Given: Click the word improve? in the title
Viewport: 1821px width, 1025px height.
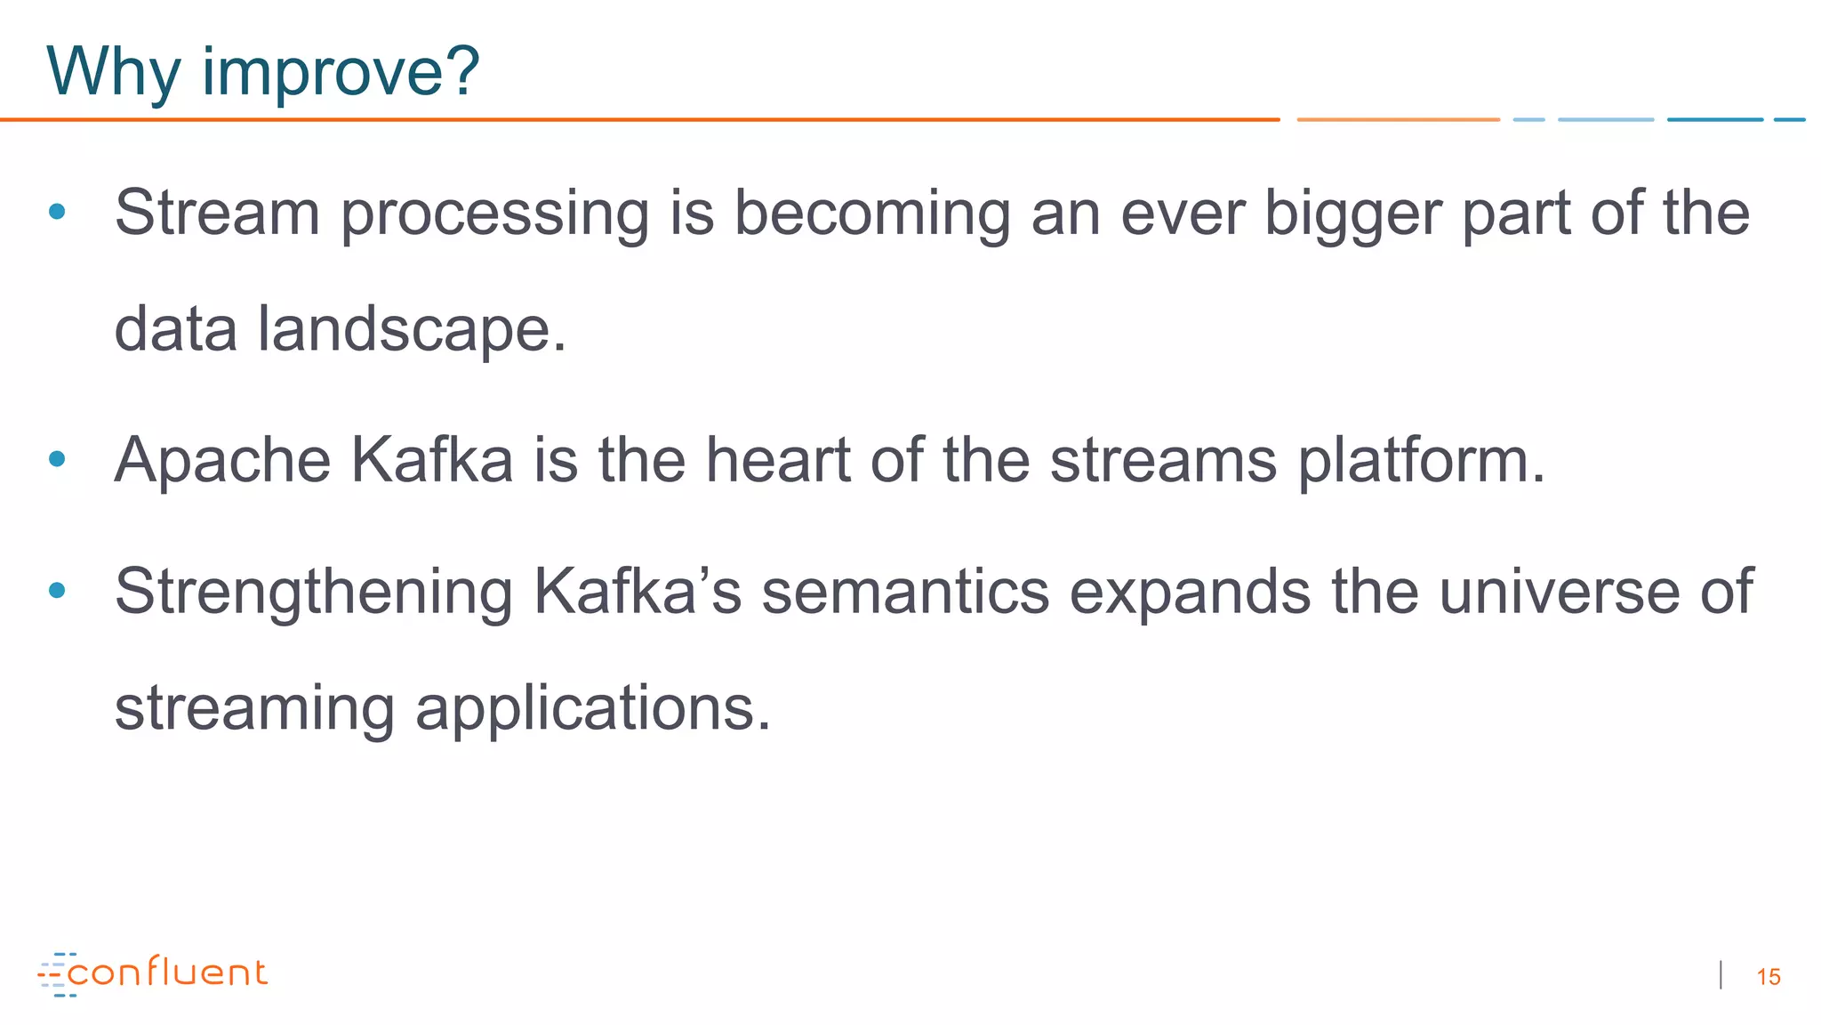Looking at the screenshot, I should click(341, 73).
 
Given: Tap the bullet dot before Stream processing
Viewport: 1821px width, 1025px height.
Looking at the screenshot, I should click(58, 212).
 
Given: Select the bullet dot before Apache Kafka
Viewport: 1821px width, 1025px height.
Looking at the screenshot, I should click(58, 459).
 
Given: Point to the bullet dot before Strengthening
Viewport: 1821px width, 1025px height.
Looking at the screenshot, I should click(58, 590).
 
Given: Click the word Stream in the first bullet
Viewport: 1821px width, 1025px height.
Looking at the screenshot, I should click(217, 214).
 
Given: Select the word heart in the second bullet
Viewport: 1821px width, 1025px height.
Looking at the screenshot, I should click(778, 461).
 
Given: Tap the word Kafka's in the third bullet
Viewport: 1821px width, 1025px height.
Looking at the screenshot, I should click(637, 592).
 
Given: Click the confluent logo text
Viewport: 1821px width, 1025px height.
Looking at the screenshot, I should click(167, 973).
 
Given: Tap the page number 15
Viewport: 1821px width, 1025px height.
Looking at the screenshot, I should click(1769, 977).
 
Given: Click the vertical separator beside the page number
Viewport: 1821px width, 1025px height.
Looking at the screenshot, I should click(1721, 975).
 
